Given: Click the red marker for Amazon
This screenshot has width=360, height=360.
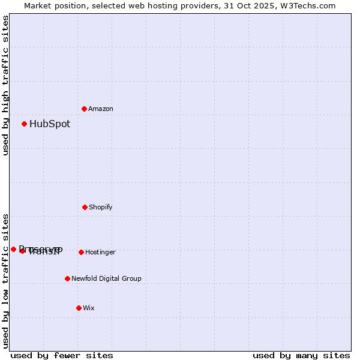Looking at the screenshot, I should (84, 109).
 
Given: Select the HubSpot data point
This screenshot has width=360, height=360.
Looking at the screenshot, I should (24, 124).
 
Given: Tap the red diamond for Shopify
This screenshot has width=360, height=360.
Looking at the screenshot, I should (85, 207).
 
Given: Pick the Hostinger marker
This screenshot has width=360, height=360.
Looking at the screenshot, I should (81, 252).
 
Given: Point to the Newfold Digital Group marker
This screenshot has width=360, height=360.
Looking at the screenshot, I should (67, 278).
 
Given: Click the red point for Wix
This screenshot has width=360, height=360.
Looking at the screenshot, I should (79, 308).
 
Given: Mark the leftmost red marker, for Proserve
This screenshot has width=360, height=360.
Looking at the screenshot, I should (13, 249).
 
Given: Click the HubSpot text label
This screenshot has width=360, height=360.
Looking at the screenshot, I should (50, 124).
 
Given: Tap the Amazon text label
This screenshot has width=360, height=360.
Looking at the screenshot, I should (101, 109).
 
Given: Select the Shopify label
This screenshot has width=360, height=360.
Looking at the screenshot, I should (101, 207).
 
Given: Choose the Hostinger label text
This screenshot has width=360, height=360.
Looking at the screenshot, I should (100, 252).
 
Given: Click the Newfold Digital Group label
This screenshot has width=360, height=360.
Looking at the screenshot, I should (106, 278).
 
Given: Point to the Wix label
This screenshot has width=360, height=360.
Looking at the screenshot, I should (89, 308).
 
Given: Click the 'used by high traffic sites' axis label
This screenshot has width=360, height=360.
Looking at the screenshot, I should (5, 85).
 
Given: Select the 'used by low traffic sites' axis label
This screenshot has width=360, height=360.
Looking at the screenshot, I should (5, 281).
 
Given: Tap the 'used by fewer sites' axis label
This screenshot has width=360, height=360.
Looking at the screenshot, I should (62, 356).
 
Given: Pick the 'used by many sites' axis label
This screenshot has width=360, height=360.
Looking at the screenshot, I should (301, 356).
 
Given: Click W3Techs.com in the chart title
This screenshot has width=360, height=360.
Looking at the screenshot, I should (307, 5).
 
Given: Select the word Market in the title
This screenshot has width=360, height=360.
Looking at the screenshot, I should (37, 5).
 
